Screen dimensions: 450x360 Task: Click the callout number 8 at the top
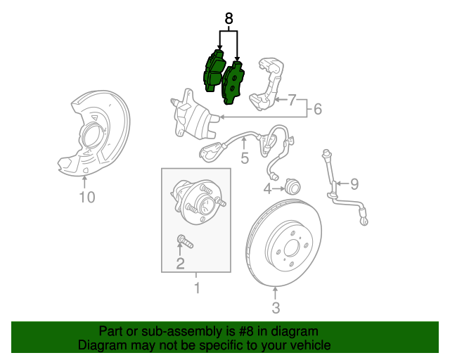pos(229,19)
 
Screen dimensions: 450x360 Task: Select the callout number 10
pos(87,197)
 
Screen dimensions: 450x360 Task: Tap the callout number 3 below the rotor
pos(276,308)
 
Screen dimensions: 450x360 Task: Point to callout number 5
pos(245,158)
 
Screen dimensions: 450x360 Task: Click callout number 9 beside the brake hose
pos(354,184)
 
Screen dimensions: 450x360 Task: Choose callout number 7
pos(292,100)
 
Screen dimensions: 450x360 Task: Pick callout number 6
pos(318,109)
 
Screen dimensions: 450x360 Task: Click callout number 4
pos(267,189)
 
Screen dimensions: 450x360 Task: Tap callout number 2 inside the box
pos(180,264)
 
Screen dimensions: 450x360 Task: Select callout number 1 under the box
pos(197,288)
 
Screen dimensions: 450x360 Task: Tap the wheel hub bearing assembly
pos(198,201)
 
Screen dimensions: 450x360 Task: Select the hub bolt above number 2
pos(185,241)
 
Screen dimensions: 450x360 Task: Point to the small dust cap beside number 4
pos(292,186)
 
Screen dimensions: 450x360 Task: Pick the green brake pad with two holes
pos(233,83)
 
